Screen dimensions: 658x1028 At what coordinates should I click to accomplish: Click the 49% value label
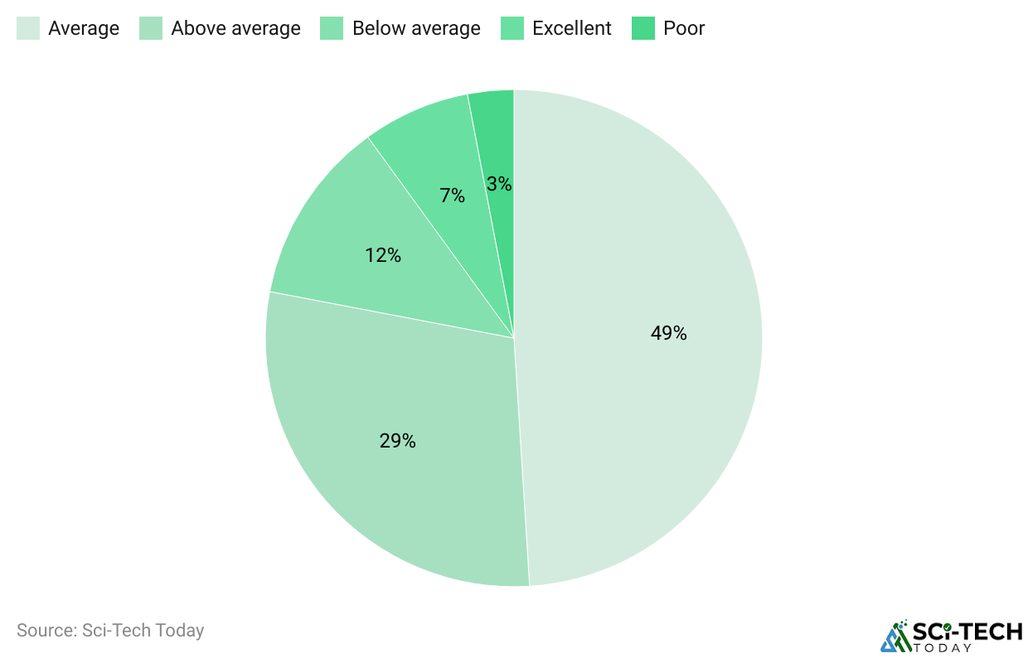(668, 333)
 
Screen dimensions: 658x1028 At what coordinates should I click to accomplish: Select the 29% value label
(397, 441)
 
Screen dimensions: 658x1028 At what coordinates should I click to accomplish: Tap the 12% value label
(383, 255)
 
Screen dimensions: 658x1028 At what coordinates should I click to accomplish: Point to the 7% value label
(452, 196)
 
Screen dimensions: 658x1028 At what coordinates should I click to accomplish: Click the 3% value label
(499, 184)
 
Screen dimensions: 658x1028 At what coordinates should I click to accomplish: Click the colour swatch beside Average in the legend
(28, 28)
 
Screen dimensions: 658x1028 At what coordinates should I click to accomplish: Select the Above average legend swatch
(151, 28)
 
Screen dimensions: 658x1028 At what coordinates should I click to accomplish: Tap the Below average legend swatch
(332, 28)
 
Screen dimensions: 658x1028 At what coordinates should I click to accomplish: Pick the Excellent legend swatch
(512, 28)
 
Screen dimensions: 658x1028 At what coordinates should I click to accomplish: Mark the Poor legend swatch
(643, 28)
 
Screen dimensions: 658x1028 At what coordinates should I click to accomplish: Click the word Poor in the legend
(684, 28)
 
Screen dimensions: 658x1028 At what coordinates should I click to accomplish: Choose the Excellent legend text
(572, 28)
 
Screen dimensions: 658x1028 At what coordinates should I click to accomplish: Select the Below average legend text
(416, 28)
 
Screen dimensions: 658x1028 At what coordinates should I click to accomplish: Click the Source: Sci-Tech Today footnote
(110, 631)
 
